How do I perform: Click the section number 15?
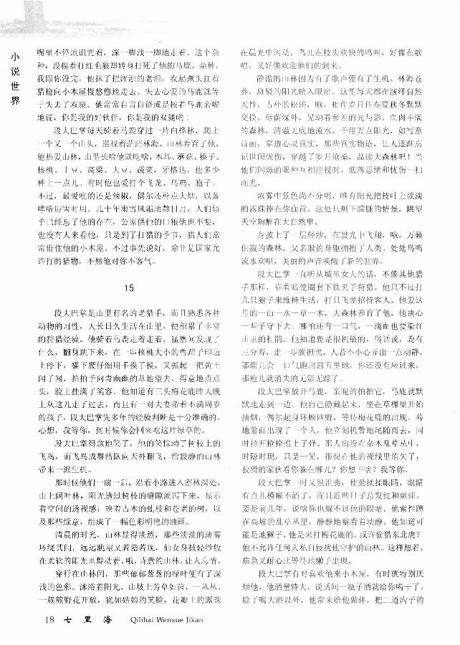point(128,267)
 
